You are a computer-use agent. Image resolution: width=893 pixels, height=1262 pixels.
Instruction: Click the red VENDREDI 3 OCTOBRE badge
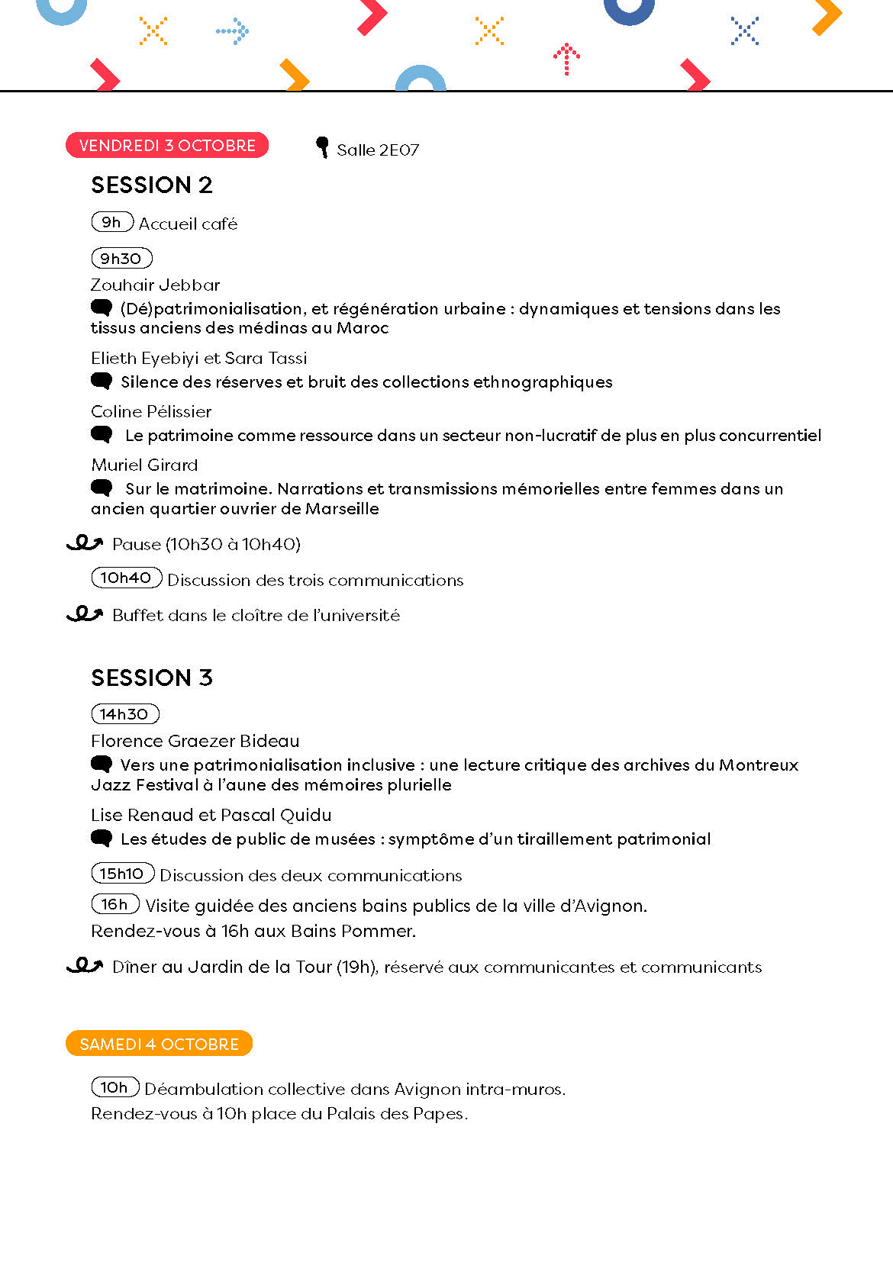pos(167,145)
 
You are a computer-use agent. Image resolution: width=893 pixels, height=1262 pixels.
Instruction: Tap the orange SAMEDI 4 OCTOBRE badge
pos(159,1044)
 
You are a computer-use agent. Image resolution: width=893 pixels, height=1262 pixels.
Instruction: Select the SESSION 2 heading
pos(152,185)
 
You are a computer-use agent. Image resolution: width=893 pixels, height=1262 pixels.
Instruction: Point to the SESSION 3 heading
pos(152,678)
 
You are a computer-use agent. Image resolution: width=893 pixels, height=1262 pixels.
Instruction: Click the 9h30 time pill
pos(121,259)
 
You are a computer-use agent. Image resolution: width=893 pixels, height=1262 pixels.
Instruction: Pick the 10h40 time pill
pos(126,578)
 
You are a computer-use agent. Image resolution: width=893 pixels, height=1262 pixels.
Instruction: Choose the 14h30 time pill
pos(124,714)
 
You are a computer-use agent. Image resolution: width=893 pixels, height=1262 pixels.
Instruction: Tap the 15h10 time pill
pos(122,874)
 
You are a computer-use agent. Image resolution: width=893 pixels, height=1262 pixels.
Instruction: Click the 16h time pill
pos(114,904)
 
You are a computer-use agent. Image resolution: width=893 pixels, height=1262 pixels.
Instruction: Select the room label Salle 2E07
pos(378,150)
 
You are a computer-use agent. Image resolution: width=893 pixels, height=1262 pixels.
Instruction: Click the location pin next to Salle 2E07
pos(322,146)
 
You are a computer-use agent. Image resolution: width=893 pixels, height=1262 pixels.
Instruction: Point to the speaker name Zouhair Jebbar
pos(155,285)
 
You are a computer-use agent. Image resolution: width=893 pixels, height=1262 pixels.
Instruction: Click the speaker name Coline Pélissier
pos(151,412)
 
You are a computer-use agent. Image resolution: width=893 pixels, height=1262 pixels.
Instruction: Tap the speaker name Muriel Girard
pos(144,465)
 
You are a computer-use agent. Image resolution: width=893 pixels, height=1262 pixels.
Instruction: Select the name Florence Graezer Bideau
pos(195,741)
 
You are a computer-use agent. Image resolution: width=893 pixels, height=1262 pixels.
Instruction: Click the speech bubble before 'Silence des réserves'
pos(101,381)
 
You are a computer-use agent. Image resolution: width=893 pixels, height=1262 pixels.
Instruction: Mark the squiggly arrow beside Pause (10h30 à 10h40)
pos(84,543)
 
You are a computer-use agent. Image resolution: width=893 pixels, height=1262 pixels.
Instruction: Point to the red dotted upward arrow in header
pos(566,59)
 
